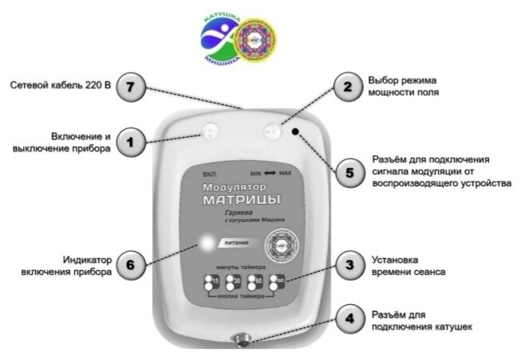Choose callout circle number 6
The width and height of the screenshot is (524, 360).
[131, 264]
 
